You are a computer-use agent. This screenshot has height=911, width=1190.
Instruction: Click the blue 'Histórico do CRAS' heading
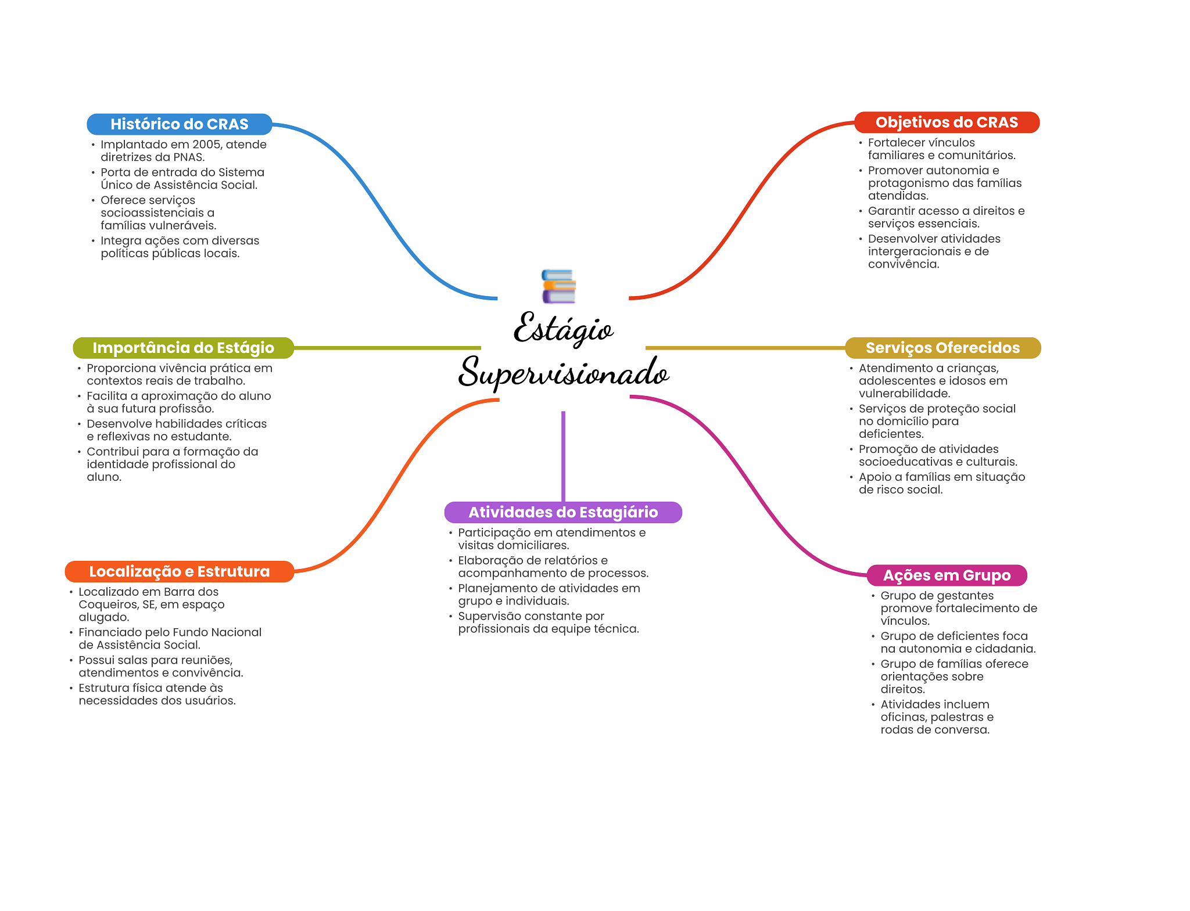click(x=179, y=124)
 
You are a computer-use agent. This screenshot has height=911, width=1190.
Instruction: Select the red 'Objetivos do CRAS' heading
click(x=947, y=123)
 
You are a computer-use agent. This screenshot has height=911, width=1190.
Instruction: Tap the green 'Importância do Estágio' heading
click(x=183, y=348)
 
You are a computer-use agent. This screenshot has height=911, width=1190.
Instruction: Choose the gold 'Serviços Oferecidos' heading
click(x=942, y=348)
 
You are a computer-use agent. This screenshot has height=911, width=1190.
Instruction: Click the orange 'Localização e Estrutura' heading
click(x=179, y=571)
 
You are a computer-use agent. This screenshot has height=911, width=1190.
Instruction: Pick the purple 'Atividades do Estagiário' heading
click(x=563, y=512)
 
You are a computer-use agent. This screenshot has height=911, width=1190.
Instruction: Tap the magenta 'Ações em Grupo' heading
click(x=947, y=575)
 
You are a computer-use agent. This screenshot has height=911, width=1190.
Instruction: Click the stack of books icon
click(x=558, y=286)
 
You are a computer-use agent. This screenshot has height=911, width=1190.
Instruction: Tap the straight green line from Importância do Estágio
click(x=387, y=348)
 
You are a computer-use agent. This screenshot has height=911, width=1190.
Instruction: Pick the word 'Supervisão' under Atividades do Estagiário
click(x=487, y=616)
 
